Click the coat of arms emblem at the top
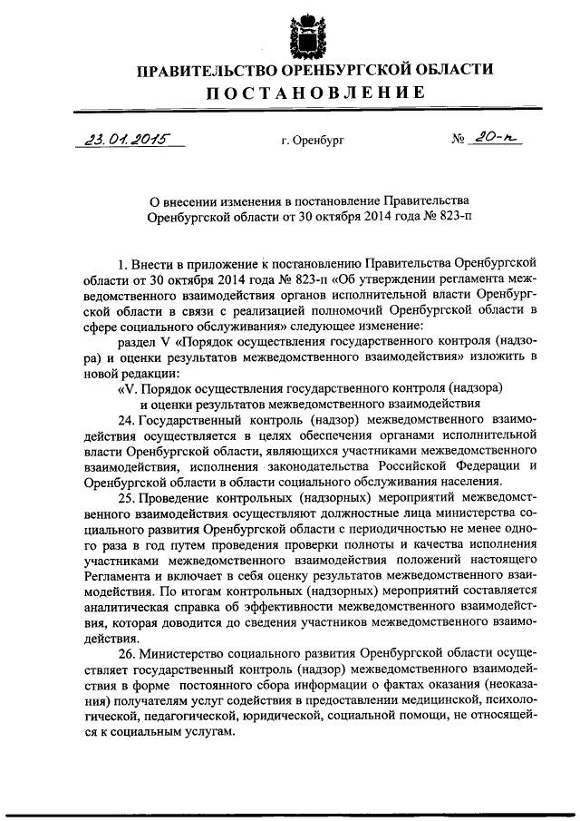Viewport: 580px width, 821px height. [306, 34]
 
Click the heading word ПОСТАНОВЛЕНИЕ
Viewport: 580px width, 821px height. [313, 93]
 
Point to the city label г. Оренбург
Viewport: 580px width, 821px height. [313, 142]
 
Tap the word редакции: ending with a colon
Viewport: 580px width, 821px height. [153, 373]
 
